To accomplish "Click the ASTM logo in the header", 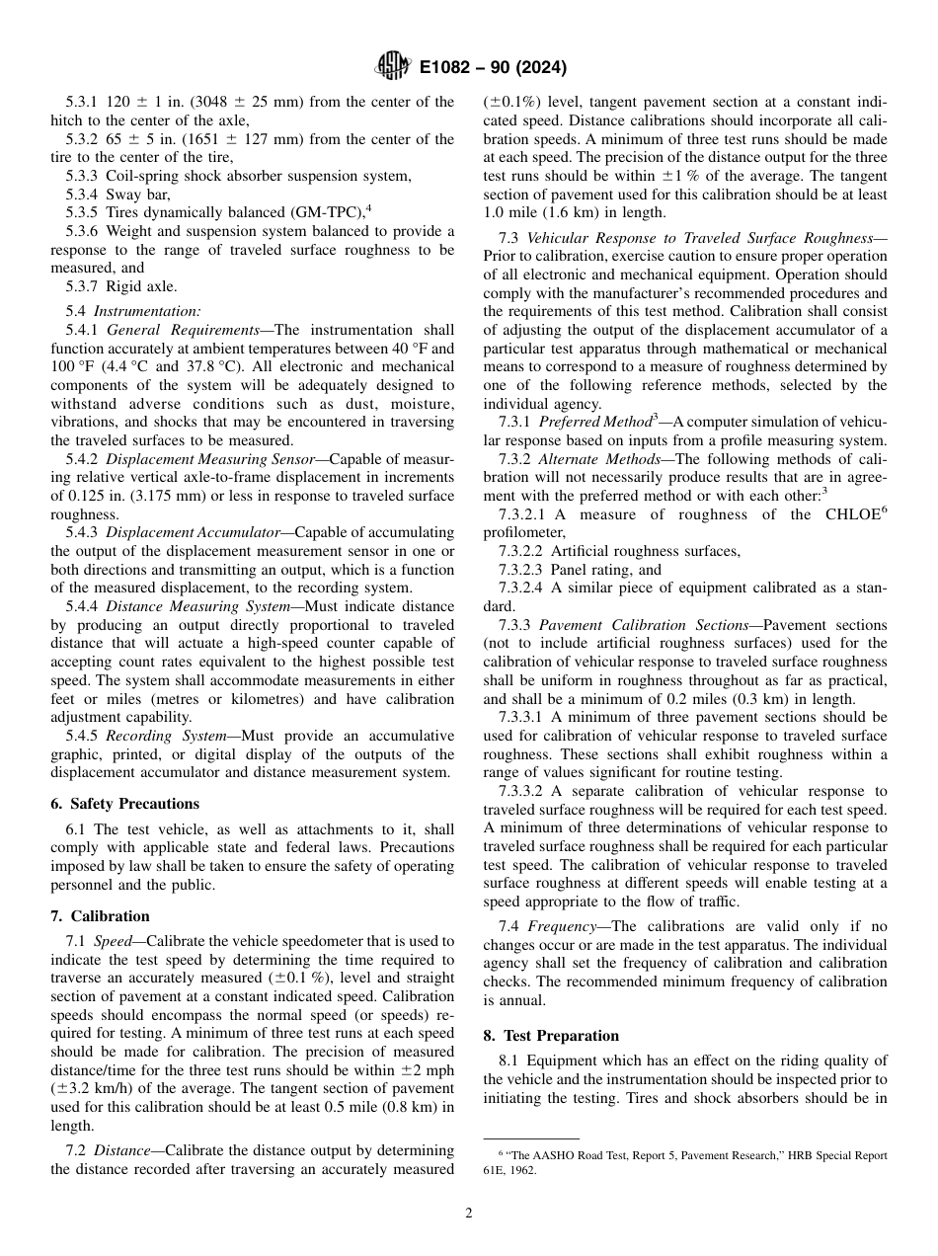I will point(392,68).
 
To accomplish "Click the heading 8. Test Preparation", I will point(551,1036).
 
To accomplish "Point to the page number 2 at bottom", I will point(469,1214).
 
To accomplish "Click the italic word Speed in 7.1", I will point(113,942).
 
